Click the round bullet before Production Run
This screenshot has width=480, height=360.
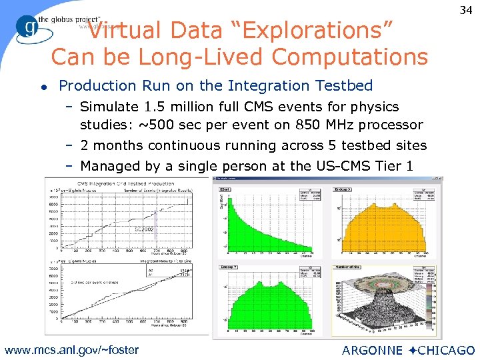pos(43,87)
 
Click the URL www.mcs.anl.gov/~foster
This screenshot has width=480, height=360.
pos(71,349)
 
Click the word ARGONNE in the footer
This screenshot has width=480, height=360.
pos(371,350)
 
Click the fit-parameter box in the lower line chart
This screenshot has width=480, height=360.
pos(184,271)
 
